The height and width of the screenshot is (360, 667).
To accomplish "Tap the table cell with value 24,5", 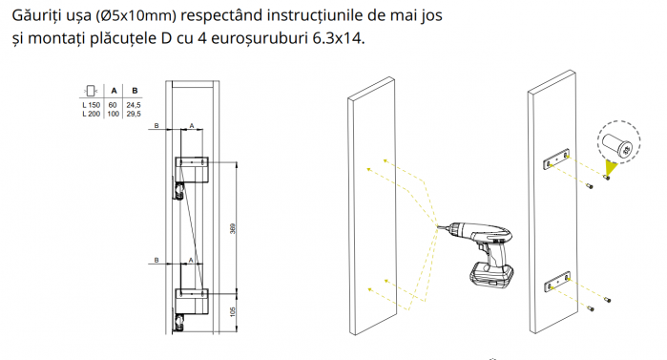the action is [x=134, y=105].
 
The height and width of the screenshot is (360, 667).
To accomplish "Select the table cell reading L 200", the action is [x=91, y=114].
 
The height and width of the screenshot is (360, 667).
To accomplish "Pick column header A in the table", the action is [x=114, y=91].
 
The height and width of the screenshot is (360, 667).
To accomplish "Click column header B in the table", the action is [x=135, y=91].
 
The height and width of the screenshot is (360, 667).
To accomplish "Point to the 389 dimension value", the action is [x=232, y=228].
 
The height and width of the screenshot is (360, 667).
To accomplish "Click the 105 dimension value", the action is [x=232, y=312].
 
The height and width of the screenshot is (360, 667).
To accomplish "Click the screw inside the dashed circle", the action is [x=616, y=145].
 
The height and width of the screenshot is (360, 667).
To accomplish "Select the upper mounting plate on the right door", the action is [x=556, y=160].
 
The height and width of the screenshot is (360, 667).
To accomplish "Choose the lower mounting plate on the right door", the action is [x=557, y=282].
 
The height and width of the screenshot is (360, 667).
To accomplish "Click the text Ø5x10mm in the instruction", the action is [x=136, y=15].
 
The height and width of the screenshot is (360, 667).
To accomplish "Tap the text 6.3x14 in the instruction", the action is [x=337, y=38].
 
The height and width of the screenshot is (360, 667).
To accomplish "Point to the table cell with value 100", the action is [x=114, y=114].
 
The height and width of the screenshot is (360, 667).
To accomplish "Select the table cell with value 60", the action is [x=113, y=105].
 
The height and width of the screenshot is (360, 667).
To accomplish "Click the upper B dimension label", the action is [x=156, y=126].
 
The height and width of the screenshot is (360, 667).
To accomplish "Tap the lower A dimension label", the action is [x=191, y=260].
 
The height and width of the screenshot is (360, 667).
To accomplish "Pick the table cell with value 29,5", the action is [x=134, y=114].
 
